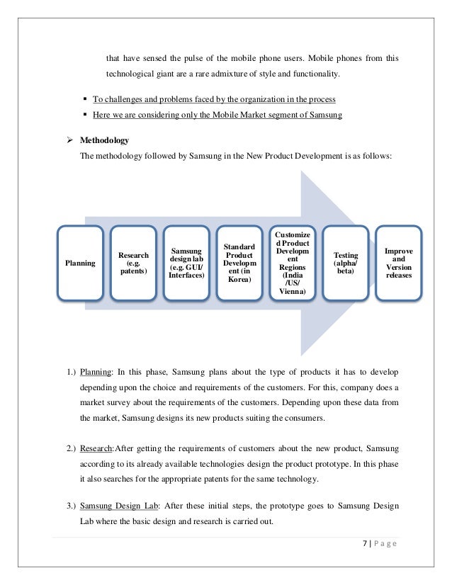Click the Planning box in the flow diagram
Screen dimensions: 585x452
(80, 263)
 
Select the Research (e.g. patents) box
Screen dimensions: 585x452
(133, 263)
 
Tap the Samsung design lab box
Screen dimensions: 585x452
(186, 263)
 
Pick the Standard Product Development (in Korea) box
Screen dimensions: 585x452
(239, 263)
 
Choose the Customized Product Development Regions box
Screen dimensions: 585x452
(292, 263)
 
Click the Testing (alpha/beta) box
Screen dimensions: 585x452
(345, 263)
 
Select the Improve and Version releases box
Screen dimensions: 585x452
(398, 263)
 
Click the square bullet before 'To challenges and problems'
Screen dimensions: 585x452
(86, 98)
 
